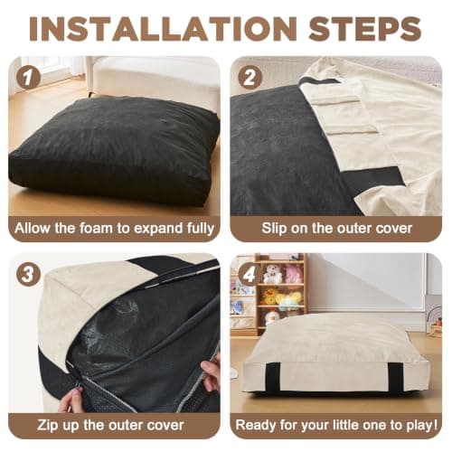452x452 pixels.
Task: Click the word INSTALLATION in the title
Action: coord(163,29)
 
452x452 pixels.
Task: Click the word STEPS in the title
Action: coord(365,29)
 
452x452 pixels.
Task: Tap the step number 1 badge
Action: coord(28,78)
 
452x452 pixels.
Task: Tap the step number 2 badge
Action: coord(250,78)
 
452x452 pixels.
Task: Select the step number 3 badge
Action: coord(28,275)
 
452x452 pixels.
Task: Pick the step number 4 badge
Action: coord(250,275)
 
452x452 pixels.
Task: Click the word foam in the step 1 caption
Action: coord(97,228)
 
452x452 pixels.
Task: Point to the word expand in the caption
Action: coord(157,229)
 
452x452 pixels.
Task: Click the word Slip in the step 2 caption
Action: coord(274,229)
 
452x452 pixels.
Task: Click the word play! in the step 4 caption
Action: coord(422,426)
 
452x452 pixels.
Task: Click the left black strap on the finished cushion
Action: coord(272,378)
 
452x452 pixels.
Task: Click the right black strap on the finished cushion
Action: coord(395,378)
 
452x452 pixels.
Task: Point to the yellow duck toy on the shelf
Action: coord(269,297)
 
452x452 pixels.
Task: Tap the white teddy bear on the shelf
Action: coord(272,274)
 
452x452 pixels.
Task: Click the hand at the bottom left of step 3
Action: coord(71,400)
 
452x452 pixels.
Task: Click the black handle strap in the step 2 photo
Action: coord(373,180)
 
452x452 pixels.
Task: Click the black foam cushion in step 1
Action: coord(115,151)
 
